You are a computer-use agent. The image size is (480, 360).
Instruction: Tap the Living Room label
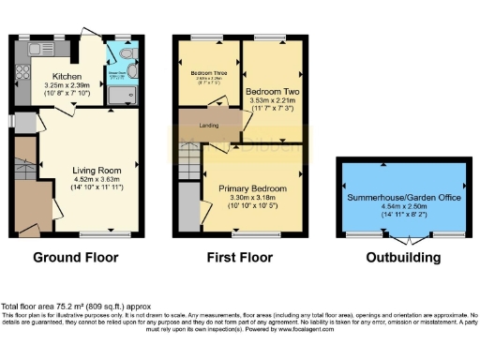coord(98,171)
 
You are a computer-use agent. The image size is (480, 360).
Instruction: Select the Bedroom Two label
coord(272,93)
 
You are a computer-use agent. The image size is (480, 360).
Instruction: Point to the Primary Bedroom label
coord(253,188)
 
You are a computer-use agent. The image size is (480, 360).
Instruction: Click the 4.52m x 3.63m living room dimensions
coord(98,181)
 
